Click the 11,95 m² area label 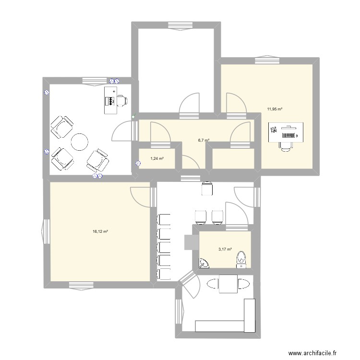pyautogui.click(x=275, y=109)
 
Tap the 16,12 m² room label pyautogui.click(x=100, y=231)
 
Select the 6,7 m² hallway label pyautogui.click(x=204, y=141)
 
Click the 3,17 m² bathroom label pyautogui.click(x=225, y=249)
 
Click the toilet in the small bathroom pyautogui.click(x=240, y=259)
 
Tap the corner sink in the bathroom pyautogui.click(x=204, y=263)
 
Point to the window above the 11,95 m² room pyautogui.click(x=267, y=60)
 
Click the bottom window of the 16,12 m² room pyautogui.click(x=81, y=285)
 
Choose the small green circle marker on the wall pyautogui.click(x=134, y=116)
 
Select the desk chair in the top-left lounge pyautogui.click(x=122, y=100)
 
